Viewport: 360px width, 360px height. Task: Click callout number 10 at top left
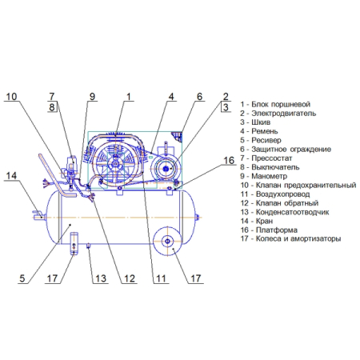click(x=11, y=97)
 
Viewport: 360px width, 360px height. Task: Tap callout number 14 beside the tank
click(x=11, y=176)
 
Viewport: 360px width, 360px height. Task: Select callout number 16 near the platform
click(x=229, y=161)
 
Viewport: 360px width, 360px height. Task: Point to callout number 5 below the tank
click(x=22, y=278)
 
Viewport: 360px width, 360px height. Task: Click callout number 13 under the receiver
click(x=101, y=278)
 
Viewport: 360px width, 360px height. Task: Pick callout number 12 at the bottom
click(x=130, y=278)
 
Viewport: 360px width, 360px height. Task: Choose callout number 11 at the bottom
click(x=161, y=278)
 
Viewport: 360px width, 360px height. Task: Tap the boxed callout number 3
click(x=226, y=107)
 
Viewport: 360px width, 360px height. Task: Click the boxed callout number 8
click(x=52, y=107)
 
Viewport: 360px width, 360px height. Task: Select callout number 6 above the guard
click(x=200, y=97)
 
